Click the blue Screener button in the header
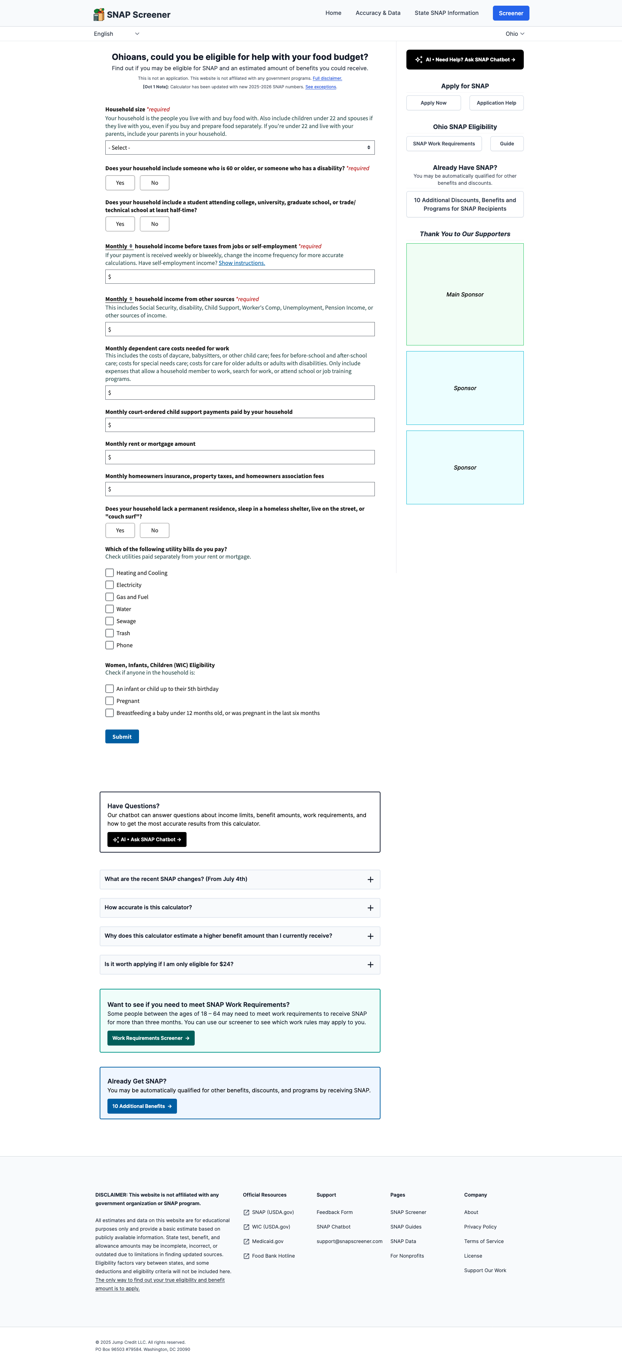click(x=510, y=13)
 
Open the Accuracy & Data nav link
click(x=377, y=13)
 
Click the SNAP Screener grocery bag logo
click(x=99, y=14)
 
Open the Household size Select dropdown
click(x=239, y=148)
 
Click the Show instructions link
click(x=241, y=263)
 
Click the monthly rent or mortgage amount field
click(x=239, y=457)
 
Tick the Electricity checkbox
click(x=110, y=585)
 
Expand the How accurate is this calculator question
click(x=239, y=908)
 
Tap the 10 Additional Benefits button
click(x=141, y=1106)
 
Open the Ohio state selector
click(x=514, y=34)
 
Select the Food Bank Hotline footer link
click(x=273, y=1256)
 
